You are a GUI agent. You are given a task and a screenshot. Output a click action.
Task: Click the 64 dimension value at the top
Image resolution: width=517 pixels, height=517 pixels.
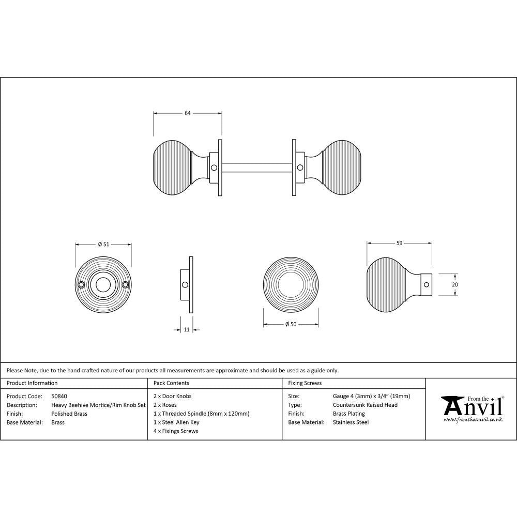(x=187, y=113)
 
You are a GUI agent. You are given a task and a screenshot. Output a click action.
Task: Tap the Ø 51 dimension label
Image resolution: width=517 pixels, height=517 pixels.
(x=103, y=245)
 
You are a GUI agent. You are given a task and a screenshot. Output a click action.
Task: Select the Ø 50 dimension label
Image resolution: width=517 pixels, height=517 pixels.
(x=291, y=324)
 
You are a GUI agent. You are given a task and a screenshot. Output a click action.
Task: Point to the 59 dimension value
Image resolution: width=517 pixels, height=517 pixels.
(x=399, y=242)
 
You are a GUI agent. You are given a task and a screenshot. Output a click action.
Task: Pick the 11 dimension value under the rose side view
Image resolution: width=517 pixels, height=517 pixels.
(x=187, y=329)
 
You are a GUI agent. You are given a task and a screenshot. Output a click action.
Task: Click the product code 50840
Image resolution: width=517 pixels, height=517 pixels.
(x=59, y=396)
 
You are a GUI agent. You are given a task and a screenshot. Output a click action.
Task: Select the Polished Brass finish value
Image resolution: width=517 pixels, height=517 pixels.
(x=69, y=414)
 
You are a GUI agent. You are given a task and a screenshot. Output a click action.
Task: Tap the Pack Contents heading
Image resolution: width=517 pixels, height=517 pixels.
(x=171, y=383)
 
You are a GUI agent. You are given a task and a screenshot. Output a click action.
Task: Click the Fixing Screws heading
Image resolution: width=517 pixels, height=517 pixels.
(x=305, y=383)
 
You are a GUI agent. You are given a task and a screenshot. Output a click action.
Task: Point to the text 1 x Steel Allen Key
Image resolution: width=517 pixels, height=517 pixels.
(x=176, y=422)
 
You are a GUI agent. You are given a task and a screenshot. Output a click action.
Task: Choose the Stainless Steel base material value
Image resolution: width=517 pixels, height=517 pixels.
(x=351, y=422)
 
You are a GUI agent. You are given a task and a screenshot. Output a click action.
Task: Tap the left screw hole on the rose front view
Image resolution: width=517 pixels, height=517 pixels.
(x=81, y=285)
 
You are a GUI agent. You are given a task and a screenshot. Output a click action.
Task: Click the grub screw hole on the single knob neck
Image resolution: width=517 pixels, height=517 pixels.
(x=425, y=284)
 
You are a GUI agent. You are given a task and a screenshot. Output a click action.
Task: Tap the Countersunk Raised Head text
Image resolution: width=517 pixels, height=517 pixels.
(x=365, y=405)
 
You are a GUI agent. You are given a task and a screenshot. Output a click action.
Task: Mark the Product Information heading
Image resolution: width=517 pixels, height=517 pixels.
(x=32, y=383)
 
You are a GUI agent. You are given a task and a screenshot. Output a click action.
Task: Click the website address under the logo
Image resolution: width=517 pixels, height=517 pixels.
(x=473, y=420)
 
